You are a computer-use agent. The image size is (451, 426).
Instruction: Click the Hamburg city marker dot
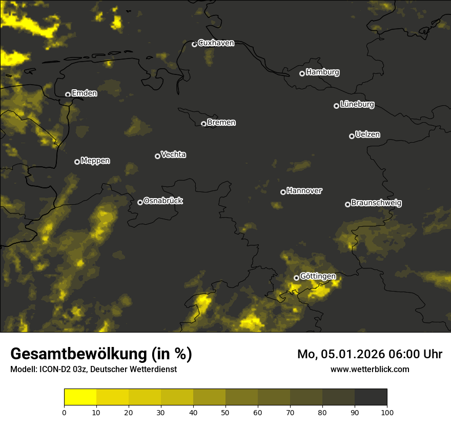[x=302, y=73]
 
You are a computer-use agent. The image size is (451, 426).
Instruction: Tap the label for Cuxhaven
[x=216, y=43]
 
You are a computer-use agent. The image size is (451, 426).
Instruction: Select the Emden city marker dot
[x=68, y=94]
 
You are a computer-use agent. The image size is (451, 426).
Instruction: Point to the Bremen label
[x=221, y=123]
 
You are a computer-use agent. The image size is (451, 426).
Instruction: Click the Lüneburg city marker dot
[x=336, y=106]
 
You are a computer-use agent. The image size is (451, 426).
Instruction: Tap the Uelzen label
[x=367, y=134]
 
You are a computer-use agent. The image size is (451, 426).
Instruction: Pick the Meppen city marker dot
[x=77, y=162]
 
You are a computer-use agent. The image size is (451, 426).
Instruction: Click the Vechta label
[x=173, y=154]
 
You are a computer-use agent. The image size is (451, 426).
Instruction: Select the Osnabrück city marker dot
[x=140, y=202]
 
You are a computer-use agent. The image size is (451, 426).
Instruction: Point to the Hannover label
[x=304, y=191]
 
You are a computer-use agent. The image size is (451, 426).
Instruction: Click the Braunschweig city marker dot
[x=347, y=204]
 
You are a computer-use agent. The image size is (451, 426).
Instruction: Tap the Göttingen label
[x=318, y=277]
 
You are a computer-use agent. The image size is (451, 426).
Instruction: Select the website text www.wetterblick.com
[x=370, y=370]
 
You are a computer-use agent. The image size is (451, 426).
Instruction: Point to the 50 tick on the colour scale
[x=225, y=412]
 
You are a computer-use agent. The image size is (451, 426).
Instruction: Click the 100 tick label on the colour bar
[x=387, y=412]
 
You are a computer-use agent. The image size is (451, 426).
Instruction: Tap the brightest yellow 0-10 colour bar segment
[x=80, y=397]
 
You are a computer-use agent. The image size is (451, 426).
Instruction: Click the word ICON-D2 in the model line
[x=55, y=370]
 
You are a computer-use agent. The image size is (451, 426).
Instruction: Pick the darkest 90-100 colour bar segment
[x=371, y=397]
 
